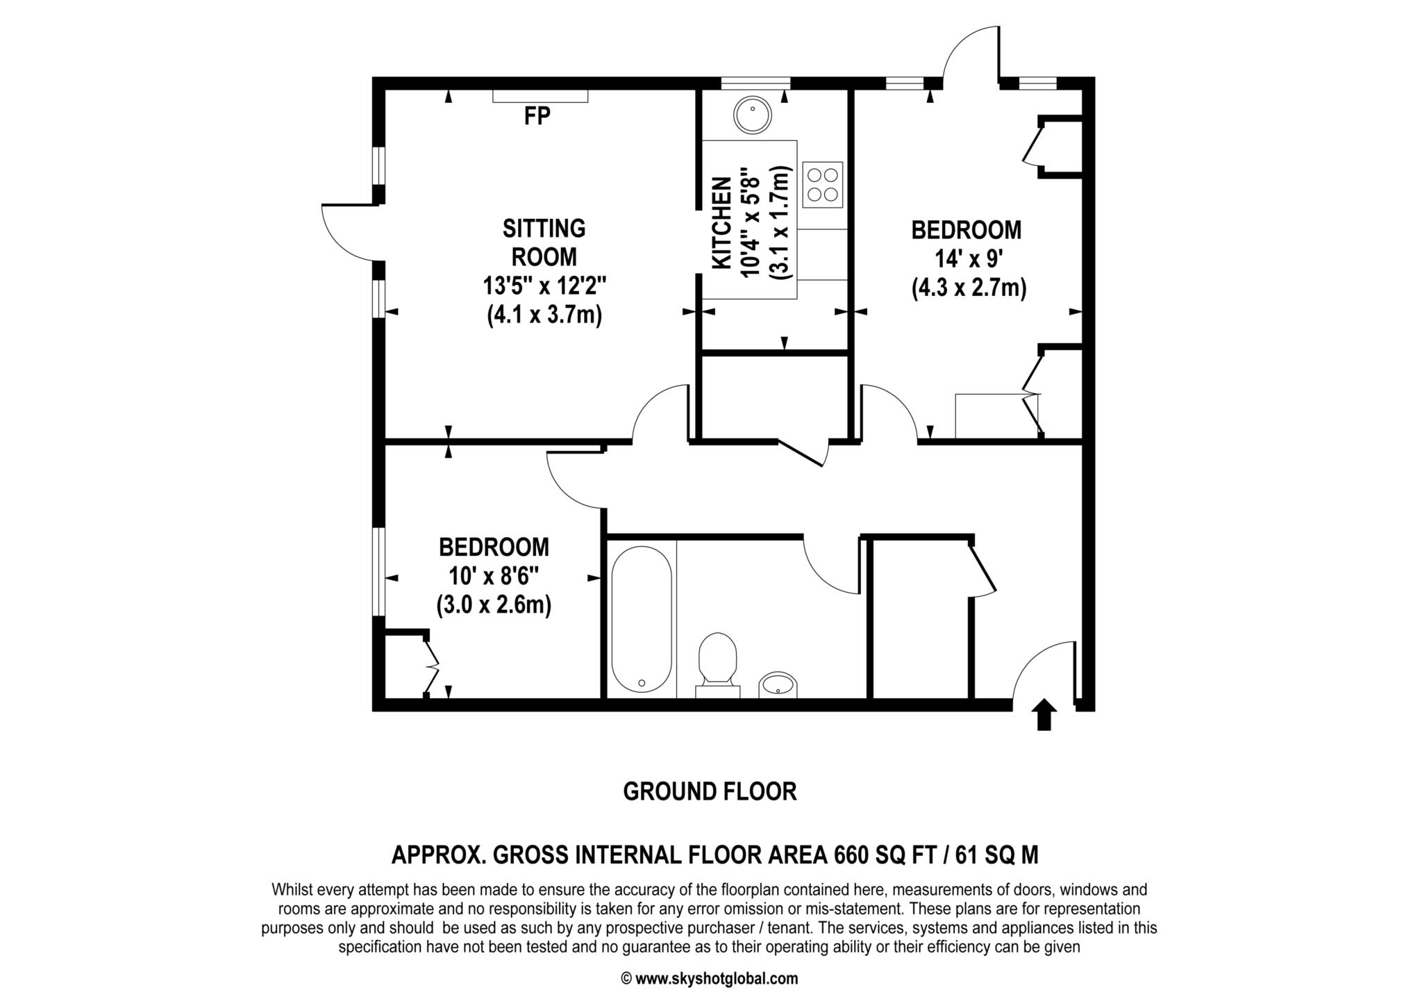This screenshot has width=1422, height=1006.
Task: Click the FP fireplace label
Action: point(537,117)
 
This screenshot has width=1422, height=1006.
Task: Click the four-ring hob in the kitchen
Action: point(822,184)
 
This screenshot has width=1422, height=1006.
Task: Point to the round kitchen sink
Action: point(753,115)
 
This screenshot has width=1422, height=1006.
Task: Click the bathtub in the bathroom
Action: point(641,618)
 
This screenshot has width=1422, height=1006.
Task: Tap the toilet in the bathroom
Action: point(717,660)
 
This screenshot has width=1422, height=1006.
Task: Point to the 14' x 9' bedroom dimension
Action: point(969,259)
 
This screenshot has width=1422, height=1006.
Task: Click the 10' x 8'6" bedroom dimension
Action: point(494,576)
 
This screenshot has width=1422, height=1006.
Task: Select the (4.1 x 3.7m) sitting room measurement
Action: point(544,315)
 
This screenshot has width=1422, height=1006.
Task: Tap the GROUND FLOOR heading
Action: point(710,791)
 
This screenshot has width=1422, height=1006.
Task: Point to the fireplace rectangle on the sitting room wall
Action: point(540,96)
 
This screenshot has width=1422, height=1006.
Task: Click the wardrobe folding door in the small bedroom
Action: point(431,667)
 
